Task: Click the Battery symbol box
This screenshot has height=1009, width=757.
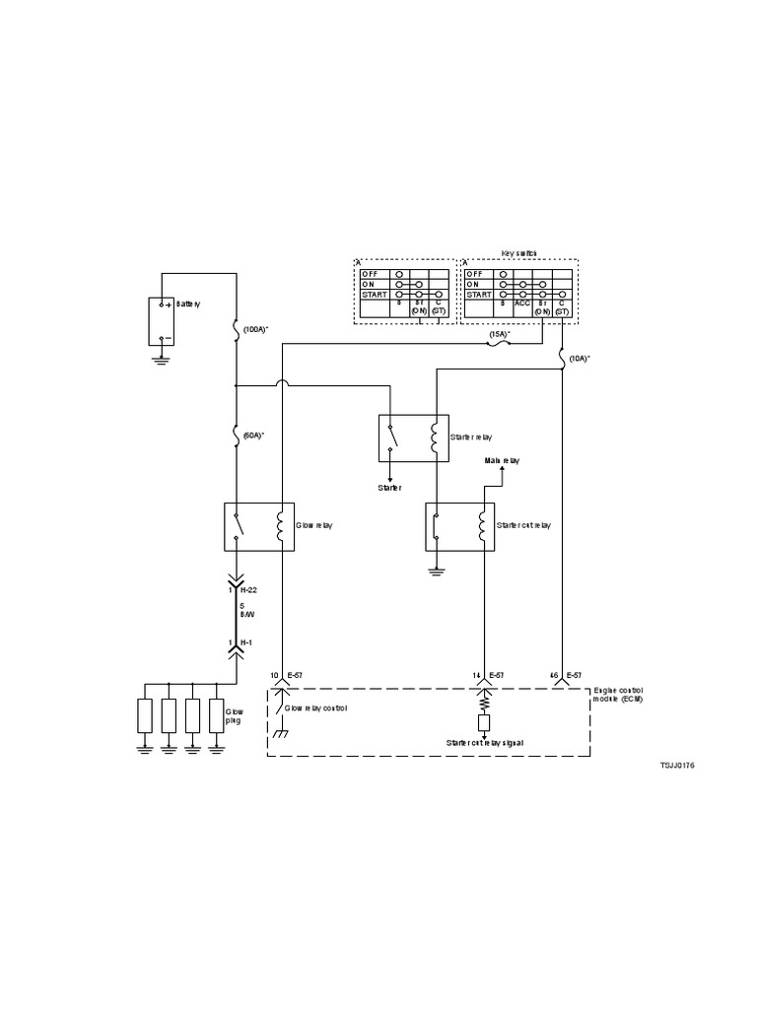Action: pos(162,321)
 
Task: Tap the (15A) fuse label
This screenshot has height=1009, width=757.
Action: pos(500,335)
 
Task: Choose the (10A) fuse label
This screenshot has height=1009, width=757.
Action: pos(581,359)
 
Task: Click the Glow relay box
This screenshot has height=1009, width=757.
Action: pos(255,526)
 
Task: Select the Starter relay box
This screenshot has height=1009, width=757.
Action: pos(414,437)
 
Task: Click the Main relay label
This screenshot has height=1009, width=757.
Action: pos(502,460)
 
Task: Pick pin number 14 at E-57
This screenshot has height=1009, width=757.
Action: pos(475,675)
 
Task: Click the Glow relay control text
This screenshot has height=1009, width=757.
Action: pos(316,708)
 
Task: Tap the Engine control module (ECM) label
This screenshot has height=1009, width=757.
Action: pos(619,698)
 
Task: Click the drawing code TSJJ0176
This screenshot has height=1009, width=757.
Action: pos(678,765)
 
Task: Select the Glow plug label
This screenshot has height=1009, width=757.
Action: pos(235,715)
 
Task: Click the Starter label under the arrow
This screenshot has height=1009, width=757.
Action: pos(391,487)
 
